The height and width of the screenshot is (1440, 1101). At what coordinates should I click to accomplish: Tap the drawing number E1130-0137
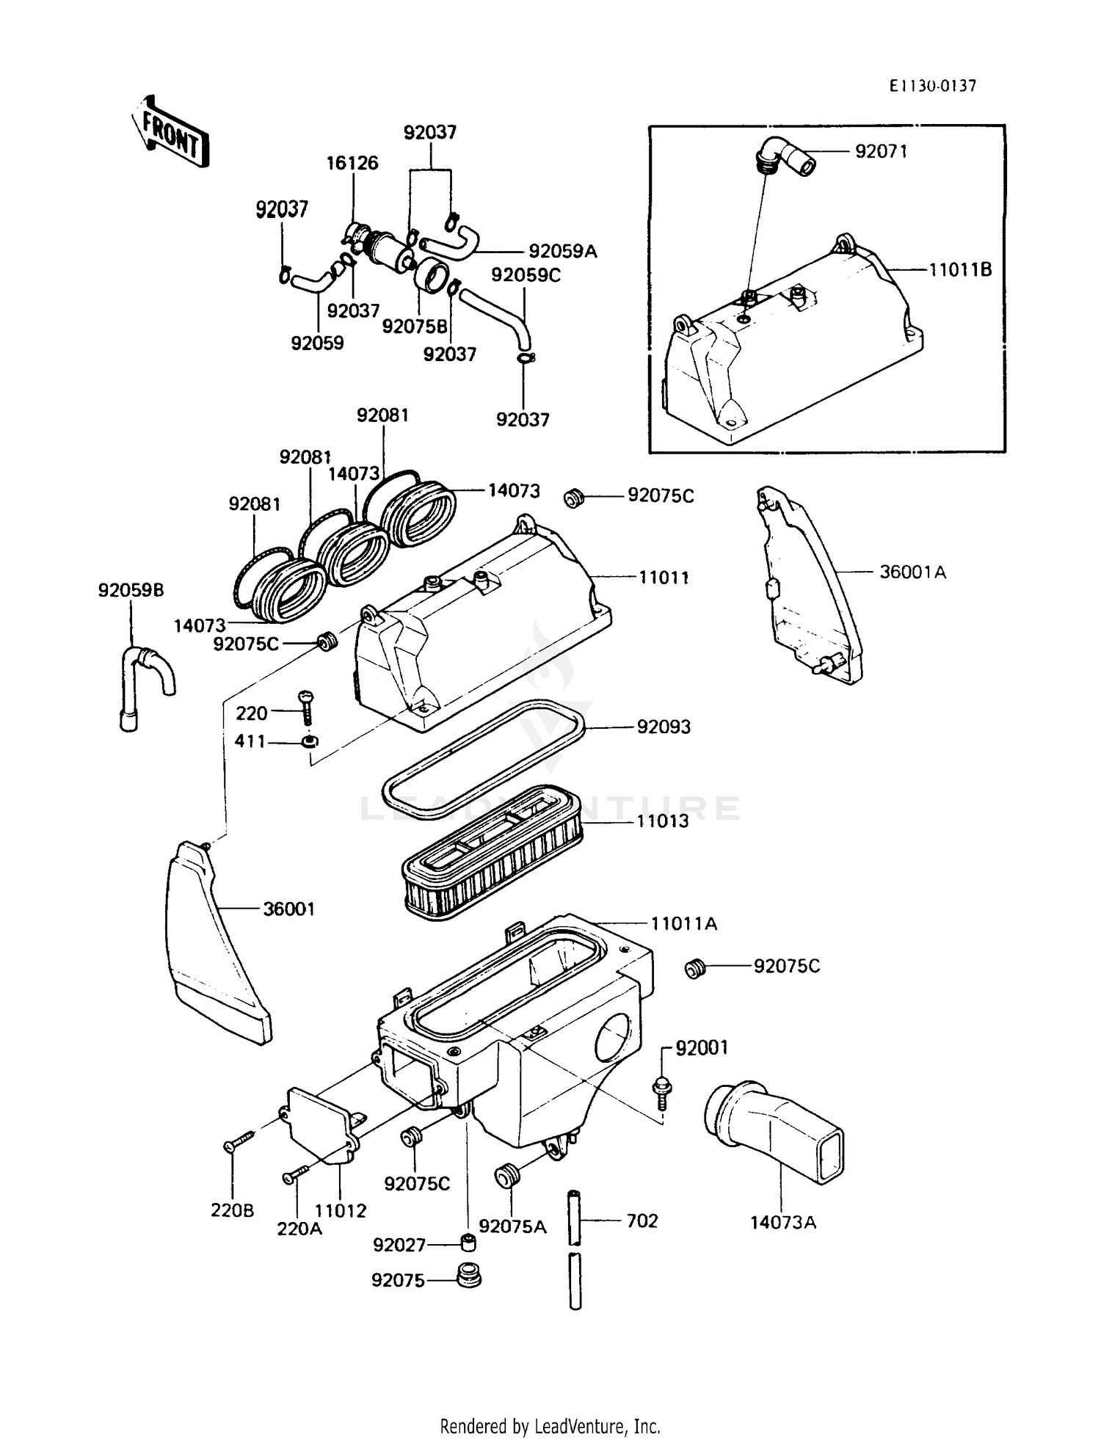tap(933, 87)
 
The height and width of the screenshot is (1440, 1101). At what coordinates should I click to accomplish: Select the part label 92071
tap(881, 151)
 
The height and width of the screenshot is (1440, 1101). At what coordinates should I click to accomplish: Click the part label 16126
tap(353, 163)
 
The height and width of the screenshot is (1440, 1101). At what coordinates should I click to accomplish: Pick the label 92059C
tap(525, 275)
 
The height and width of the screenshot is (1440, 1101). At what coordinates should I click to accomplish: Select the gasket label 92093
tap(664, 727)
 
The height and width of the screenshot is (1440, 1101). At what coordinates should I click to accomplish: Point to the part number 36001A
tap(912, 572)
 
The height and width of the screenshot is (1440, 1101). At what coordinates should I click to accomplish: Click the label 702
tap(642, 1221)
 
